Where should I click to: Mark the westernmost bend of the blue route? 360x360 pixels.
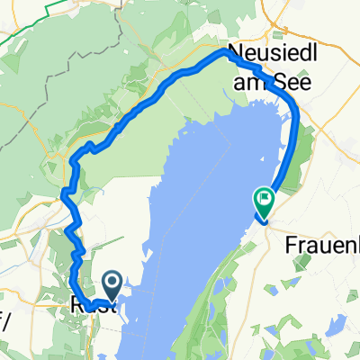tap(62, 193)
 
